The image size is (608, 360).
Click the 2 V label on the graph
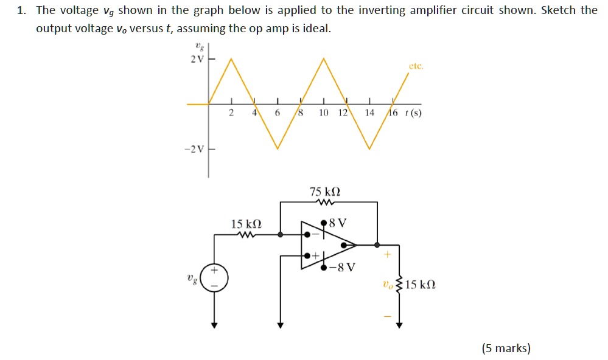pos(196,59)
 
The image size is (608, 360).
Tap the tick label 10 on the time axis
pos(324,113)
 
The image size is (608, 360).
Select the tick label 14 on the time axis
pos(369,113)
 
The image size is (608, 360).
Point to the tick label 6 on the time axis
pos(277,113)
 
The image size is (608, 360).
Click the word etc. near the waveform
pos(416,66)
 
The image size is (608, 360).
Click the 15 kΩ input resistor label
pos(246,224)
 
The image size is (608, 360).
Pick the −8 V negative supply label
pos(342,267)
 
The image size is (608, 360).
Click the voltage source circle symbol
pos(214,277)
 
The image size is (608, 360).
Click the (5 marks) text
pos(506,348)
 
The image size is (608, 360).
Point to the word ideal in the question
pos(316,29)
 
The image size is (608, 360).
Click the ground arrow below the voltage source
pos(214,325)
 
